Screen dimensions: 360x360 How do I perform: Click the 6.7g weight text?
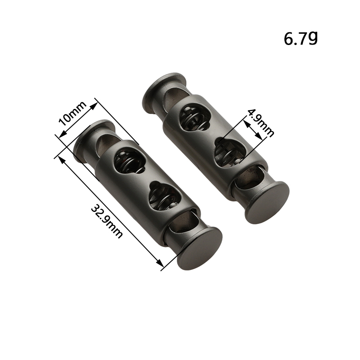[x=301, y=38]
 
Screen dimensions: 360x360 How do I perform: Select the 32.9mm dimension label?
[x=106, y=222]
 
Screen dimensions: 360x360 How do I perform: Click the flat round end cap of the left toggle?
[x=200, y=248]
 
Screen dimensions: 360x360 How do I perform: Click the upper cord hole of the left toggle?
[x=129, y=162]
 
